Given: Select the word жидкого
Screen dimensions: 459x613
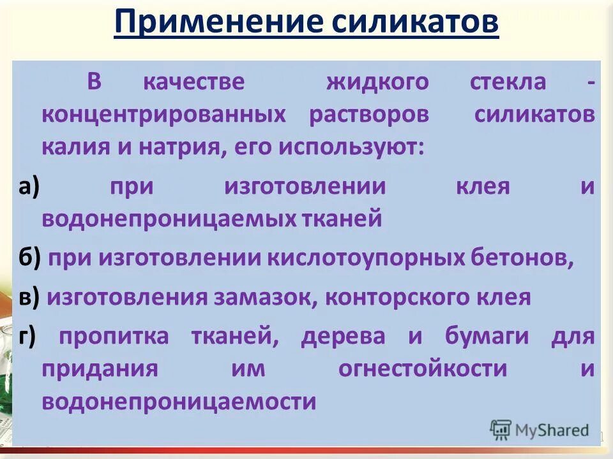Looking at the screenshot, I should pos(377,82).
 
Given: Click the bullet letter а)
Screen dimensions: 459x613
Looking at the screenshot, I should pos(29,187).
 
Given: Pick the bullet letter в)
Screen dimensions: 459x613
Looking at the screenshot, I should pos(29,297).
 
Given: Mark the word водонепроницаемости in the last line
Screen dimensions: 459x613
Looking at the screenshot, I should pos(179,402).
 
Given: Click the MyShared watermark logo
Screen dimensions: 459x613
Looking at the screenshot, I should pos(540,430).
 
